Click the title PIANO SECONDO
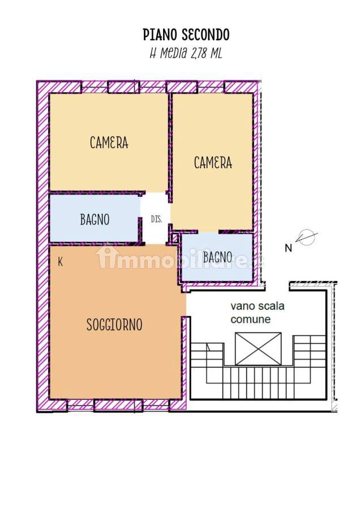pyautogui.click(x=186, y=34)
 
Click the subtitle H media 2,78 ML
pyautogui.click(x=186, y=53)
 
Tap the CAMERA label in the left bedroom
pyautogui.click(x=109, y=143)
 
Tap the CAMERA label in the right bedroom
pyautogui.click(x=213, y=162)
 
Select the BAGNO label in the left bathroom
pyautogui.click(x=95, y=219)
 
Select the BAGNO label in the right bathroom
pyautogui.click(x=217, y=257)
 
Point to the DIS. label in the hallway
pyautogui.click(x=156, y=219)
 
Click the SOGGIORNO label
pyautogui.click(x=114, y=325)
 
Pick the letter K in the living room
pyautogui.click(x=60, y=262)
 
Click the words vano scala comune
pyautogui.click(x=258, y=312)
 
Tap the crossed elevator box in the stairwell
pyautogui.click(x=258, y=348)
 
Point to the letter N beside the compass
pyautogui.click(x=288, y=248)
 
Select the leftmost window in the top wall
pyautogui.click(x=94, y=87)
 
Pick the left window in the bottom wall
pyautogui.click(x=80, y=405)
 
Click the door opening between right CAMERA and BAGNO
pyautogui.click(x=208, y=232)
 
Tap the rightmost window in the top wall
pyautogui.click(x=211, y=87)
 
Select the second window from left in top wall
pyautogui.click(x=153, y=87)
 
